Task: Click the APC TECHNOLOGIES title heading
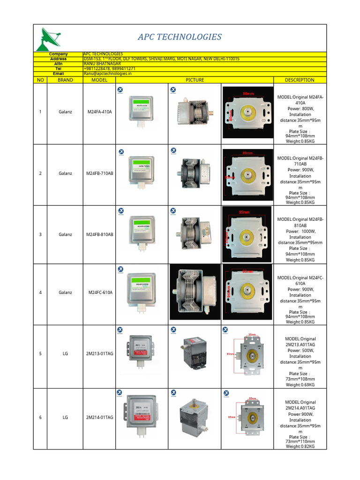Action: pyautogui.click(x=180, y=37)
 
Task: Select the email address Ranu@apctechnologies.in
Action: pyautogui.click(x=108, y=74)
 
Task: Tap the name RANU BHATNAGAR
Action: pyautogui.click(x=102, y=64)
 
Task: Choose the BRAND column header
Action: pyautogui.click(x=65, y=80)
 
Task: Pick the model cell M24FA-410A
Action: pyautogui.click(x=99, y=112)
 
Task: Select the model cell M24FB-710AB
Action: pyautogui.click(x=99, y=173)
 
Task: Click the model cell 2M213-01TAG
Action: pyautogui.click(x=99, y=353)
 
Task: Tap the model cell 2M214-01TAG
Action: pyautogui.click(x=99, y=417)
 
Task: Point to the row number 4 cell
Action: pyautogui.click(x=40, y=292)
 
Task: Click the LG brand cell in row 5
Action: pyautogui.click(x=65, y=353)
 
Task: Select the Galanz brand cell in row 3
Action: pyautogui.click(x=65, y=234)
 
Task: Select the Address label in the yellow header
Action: pyautogui.click(x=58, y=59)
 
